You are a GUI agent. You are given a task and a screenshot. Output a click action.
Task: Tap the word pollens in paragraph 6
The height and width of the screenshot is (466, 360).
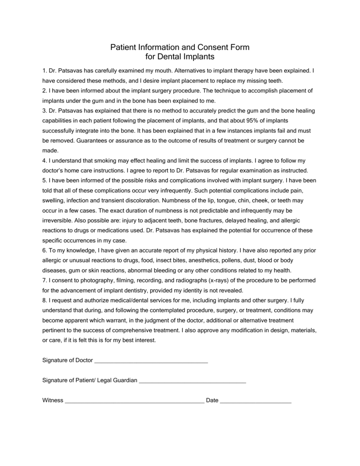click(236, 260)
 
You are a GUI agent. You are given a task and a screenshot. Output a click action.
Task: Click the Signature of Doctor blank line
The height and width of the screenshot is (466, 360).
click(151, 361)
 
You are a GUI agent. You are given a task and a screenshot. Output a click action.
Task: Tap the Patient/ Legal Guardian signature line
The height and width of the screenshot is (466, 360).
click(192, 381)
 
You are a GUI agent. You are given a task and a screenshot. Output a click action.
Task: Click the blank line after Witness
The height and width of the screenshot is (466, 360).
click(134, 401)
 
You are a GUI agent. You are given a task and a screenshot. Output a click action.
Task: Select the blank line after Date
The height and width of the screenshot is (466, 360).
click(256, 401)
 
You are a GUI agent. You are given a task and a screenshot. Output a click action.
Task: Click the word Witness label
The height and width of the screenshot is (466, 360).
click(52, 400)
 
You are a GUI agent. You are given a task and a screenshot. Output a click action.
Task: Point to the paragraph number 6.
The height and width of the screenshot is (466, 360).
click(44, 250)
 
